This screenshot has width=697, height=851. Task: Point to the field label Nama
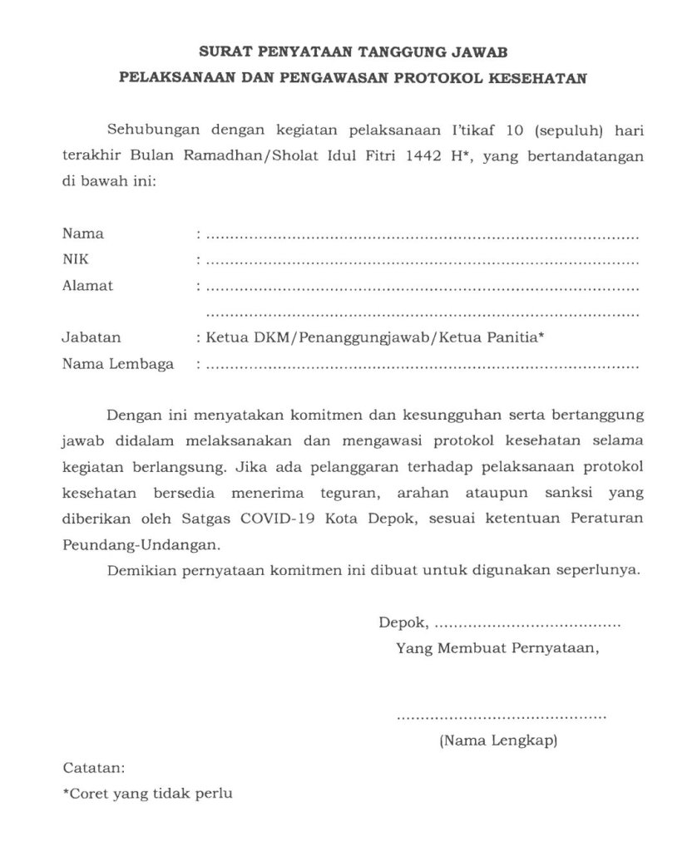click(x=77, y=234)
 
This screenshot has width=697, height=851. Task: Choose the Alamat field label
click(x=87, y=287)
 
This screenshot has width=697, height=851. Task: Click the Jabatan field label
click(x=91, y=338)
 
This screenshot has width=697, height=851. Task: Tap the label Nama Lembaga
click(x=117, y=365)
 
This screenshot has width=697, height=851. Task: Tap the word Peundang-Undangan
click(x=142, y=546)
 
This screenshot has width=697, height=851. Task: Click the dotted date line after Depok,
click(x=527, y=623)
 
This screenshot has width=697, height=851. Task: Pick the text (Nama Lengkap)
click(x=498, y=740)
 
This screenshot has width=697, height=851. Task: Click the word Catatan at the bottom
click(x=93, y=767)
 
